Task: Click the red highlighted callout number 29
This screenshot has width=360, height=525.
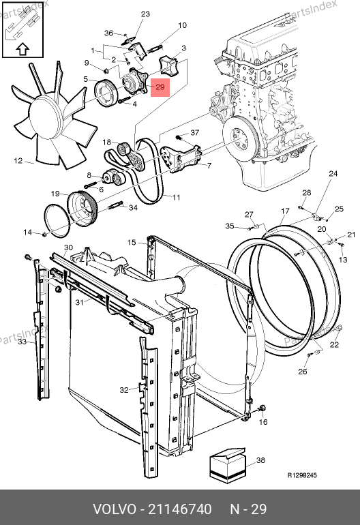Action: [160, 87]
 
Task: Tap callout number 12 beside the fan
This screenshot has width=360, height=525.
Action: [18, 161]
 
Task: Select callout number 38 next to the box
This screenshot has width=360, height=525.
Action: [260, 460]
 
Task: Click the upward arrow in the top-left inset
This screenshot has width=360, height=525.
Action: [22, 49]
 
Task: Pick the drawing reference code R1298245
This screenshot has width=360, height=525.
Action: [302, 475]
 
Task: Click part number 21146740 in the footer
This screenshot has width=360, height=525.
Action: [179, 509]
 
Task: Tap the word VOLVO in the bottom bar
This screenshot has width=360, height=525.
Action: [114, 509]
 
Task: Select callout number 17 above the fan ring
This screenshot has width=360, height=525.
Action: [285, 211]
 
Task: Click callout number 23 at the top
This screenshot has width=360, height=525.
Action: [145, 14]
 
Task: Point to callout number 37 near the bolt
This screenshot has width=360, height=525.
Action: [195, 133]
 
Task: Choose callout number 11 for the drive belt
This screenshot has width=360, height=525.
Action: [176, 197]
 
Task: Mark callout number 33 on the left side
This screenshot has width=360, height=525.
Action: [22, 342]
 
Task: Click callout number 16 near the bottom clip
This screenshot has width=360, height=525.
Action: [264, 422]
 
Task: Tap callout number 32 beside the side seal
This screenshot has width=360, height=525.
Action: [124, 390]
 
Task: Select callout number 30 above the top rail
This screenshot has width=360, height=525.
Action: [68, 247]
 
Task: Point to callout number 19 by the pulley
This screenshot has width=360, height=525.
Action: [55, 194]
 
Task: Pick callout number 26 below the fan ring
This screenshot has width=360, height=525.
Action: [303, 372]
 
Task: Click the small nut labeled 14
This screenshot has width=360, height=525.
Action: [44, 234]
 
